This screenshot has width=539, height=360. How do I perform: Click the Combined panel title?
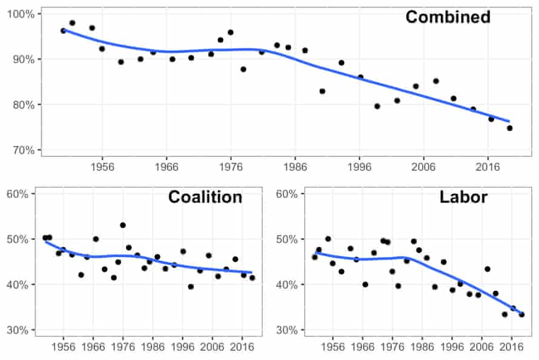click(448, 17)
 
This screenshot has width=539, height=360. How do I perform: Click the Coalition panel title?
click(205, 197)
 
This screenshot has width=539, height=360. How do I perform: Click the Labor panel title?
click(463, 197)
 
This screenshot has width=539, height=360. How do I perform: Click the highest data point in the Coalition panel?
click(123, 225)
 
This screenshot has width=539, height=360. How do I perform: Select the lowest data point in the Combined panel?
click(509, 128)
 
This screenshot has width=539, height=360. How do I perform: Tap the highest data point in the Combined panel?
click(72, 23)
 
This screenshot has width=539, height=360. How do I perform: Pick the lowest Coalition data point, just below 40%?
click(191, 287)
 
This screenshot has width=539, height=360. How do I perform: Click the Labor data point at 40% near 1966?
click(365, 284)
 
